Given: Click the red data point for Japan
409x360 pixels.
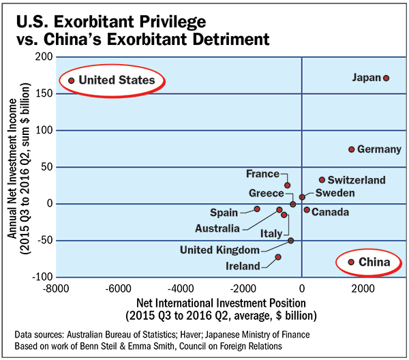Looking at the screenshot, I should click(x=387, y=78).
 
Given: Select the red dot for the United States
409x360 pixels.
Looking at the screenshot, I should click(x=72, y=80).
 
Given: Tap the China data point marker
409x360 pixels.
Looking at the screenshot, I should click(x=351, y=262).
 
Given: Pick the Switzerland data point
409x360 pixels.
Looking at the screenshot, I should click(x=322, y=180).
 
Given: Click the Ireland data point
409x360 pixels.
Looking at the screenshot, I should click(x=277, y=257).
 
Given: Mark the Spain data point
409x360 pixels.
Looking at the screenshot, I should click(x=257, y=209).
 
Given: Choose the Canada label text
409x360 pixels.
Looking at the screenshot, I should click(x=331, y=212).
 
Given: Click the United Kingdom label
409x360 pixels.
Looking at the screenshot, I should click(x=219, y=250).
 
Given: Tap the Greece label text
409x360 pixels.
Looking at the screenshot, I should click(x=265, y=193).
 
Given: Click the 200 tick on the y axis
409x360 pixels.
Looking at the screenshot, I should click(x=44, y=57).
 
